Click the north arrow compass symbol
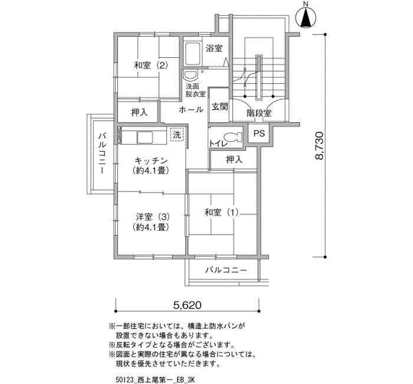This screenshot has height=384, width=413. pyautogui.click(x=306, y=17)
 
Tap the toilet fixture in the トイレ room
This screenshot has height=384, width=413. pyautogui.click(x=233, y=137)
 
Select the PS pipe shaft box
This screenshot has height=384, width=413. pyautogui.click(x=259, y=134)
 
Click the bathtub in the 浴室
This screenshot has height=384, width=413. pyautogui.click(x=192, y=54)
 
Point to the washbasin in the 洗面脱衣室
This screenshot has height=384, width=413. pyautogui.click(x=190, y=76)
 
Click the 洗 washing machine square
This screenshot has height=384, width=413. pyautogui.click(x=177, y=135)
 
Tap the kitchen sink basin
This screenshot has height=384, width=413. pyautogui.click(x=145, y=138)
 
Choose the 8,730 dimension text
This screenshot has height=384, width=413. pyautogui.click(x=319, y=145)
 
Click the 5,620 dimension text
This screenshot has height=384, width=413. pyautogui.click(x=187, y=305)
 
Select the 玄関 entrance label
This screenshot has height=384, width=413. pyautogui.click(x=219, y=107)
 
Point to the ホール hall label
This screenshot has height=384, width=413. pyautogui.click(x=191, y=109)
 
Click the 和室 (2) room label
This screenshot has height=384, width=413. pyautogui.click(x=150, y=65)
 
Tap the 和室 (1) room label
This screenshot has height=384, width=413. pyautogui.click(x=221, y=212)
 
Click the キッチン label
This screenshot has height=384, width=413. pyautogui.click(x=151, y=160)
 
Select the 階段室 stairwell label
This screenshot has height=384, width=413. pyautogui.click(x=258, y=113)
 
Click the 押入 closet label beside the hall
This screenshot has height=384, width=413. pyautogui.click(x=139, y=113)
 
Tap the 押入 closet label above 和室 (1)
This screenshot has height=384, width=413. pyautogui.click(x=234, y=160)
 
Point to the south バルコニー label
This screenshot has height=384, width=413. pyautogui.click(x=226, y=270)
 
